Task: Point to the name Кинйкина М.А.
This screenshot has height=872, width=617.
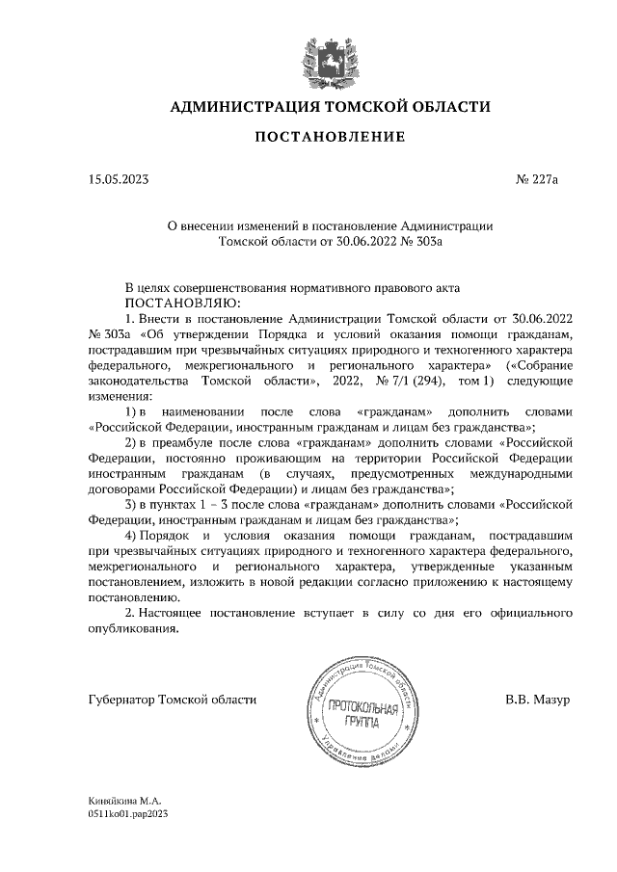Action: pyautogui.click(x=123, y=801)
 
